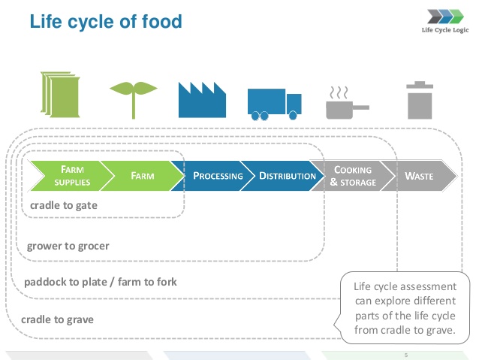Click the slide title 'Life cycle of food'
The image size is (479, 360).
pos(106,21)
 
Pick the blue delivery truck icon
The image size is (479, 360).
pos(274,104)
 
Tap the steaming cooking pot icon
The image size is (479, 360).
pos(342,103)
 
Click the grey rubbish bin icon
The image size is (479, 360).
pos(418,100)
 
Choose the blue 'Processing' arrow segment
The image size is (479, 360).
pos(216,176)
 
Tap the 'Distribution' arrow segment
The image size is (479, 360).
pos(286,176)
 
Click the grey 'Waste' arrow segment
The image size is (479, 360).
pos(420,176)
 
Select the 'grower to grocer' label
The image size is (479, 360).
pos(68,246)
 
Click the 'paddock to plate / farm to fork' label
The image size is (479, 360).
pos(101,283)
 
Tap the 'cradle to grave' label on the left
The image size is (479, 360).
pos(59,319)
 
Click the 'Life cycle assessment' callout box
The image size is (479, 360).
pos(405,308)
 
